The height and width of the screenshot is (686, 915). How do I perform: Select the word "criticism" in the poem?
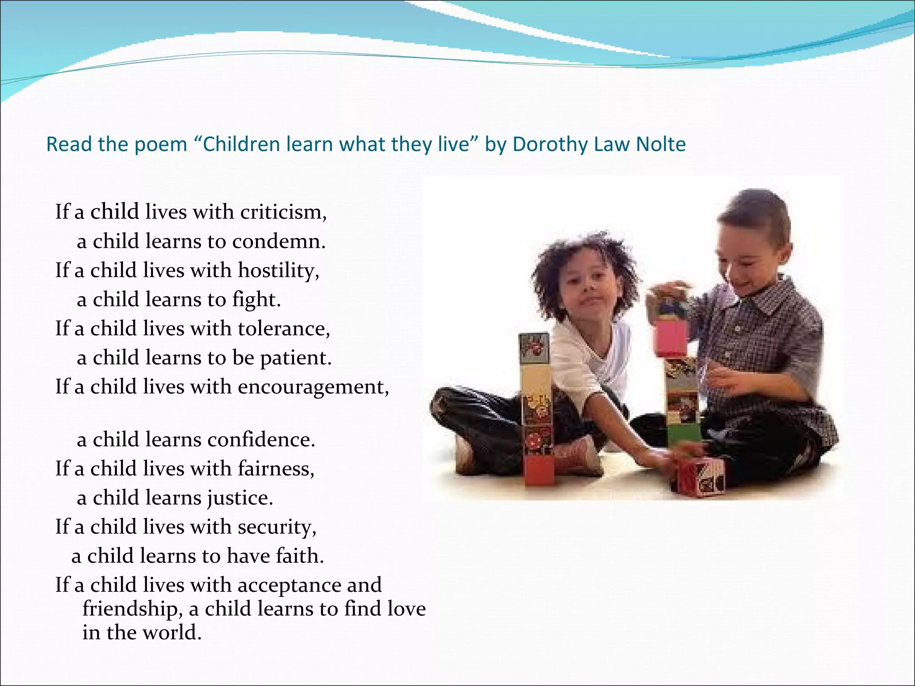pyautogui.click(x=283, y=212)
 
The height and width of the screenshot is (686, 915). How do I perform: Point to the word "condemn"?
pyautogui.click(x=279, y=241)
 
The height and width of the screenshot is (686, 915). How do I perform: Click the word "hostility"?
pyautogui.click(x=278, y=270)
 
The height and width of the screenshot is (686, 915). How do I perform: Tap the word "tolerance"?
pyautogui.click(x=284, y=329)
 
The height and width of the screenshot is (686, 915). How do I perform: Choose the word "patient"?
pyautogui.click(x=296, y=358)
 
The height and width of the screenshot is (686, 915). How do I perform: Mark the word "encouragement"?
pyautogui.click(x=313, y=387)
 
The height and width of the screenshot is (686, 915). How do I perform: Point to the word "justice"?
pyautogui.click(x=240, y=498)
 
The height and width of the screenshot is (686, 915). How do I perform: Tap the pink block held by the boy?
pyautogui.click(x=671, y=338)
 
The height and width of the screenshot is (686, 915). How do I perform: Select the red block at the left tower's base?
pyautogui.click(x=539, y=470)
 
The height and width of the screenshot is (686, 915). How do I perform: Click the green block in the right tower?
pyautogui.click(x=684, y=434)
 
